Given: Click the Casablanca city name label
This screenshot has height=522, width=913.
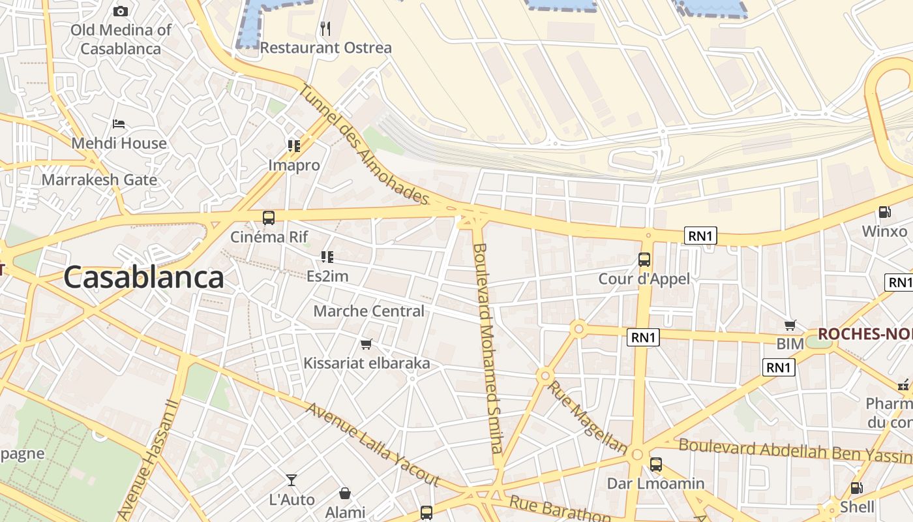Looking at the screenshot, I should pos(143,277).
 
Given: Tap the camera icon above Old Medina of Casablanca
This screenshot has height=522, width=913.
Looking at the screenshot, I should pos(121,11).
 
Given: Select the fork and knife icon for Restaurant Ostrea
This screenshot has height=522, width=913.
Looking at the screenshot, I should pos(325,28).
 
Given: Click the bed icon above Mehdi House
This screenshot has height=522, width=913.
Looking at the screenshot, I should pos(118,124).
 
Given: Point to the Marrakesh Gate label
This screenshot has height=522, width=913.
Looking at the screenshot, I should pos(99,180).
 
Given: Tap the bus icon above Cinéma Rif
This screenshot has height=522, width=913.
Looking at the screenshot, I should pos(268,218).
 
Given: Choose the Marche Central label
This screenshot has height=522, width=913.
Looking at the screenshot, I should pos(368,311).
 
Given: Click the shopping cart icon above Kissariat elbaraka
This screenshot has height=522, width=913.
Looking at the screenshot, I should pos(367,344).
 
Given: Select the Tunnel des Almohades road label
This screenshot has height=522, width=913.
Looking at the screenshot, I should pos(364,144).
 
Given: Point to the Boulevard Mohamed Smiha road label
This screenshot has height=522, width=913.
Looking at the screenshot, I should pos(488,348).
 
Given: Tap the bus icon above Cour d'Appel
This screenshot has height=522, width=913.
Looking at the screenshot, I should pos(644,260).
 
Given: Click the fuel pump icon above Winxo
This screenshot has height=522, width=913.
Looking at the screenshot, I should pos(885,212).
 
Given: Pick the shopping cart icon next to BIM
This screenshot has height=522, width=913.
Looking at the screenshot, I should pos(790,325).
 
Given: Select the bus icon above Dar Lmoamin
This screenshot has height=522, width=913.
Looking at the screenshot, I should pos(656,465).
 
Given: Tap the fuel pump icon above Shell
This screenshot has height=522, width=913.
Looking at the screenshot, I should pos(857,488).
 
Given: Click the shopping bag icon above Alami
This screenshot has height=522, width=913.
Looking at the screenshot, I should pos(345,494).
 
